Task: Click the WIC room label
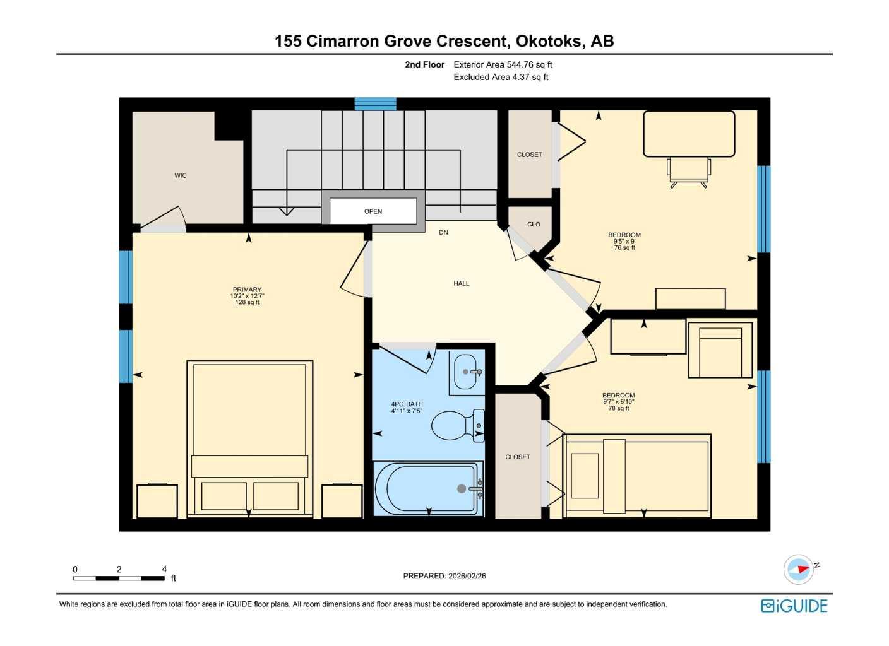(x=181, y=175)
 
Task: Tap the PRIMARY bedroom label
(x=247, y=290)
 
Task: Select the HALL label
(x=462, y=283)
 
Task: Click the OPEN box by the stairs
(x=373, y=211)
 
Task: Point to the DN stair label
(x=444, y=232)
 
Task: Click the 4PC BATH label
(x=407, y=404)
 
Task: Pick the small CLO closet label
(x=534, y=224)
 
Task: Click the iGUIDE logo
(x=794, y=606)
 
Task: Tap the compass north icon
(x=799, y=569)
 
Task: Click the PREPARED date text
(x=444, y=576)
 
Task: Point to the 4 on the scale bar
(x=164, y=569)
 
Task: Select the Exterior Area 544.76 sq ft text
(x=503, y=64)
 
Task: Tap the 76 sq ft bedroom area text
(x=624, y=247)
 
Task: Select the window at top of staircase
(x=375, y=104)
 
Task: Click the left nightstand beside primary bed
(x=157, y=501)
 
